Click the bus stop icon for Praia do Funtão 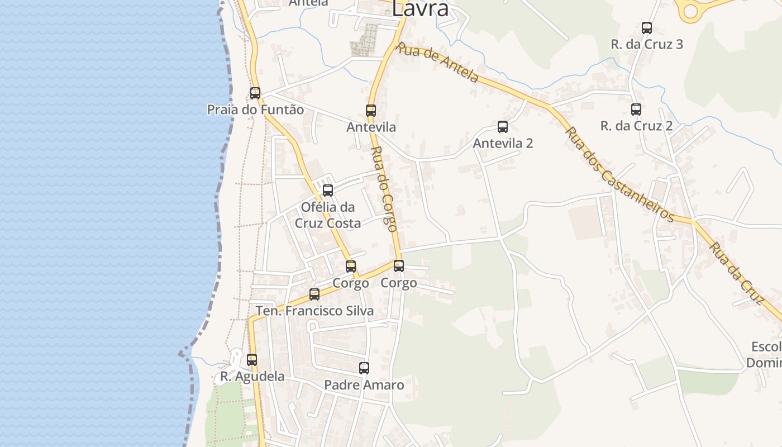[x=255, y=93]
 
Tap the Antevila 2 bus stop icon [x=503, y=127]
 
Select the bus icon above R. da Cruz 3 [x=647, y=27]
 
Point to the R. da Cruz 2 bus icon [x=636, y=110]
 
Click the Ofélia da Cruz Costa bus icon [x=328, y=191]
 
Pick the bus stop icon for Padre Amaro [x=364, y=368]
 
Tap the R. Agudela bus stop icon [x=252, y=360]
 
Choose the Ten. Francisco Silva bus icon [x=314, y=294]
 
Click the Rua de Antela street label [x=437, y=62]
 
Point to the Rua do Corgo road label [x=384, y=189]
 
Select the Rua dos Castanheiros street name [x=619, y=174]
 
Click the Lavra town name [x=420, y=8]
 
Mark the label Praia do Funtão [x=256, y=110]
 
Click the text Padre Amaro [x=364, y=385]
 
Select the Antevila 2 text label [x=503, y=143]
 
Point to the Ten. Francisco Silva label [x=314, y=311]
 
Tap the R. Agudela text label [x=252, y=377]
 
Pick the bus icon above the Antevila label [x=371, y=111]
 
